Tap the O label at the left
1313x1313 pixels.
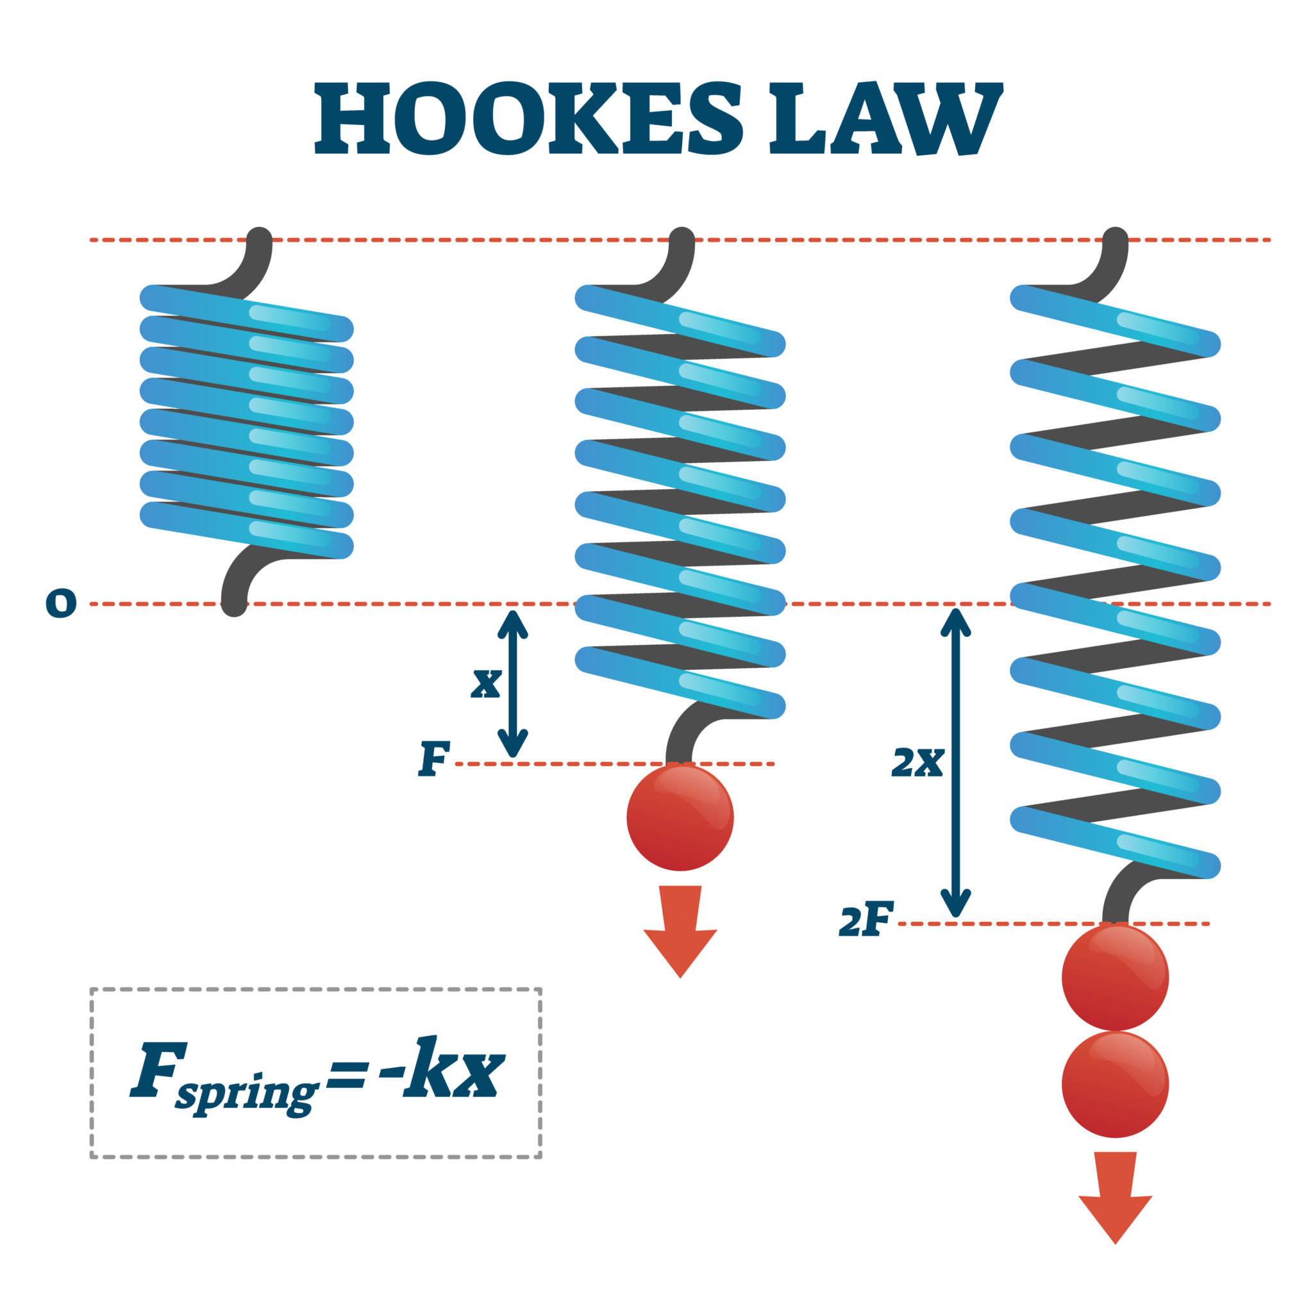tap(60, 603)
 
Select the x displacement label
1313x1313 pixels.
tap(487, 682)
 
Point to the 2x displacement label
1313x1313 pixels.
tap(917, 762)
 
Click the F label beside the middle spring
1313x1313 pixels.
tap(433, 759)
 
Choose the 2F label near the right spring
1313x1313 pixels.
tap(865, 921)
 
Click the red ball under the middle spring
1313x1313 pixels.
tap(680, 817)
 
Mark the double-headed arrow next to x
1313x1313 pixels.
tap(513, 683)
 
